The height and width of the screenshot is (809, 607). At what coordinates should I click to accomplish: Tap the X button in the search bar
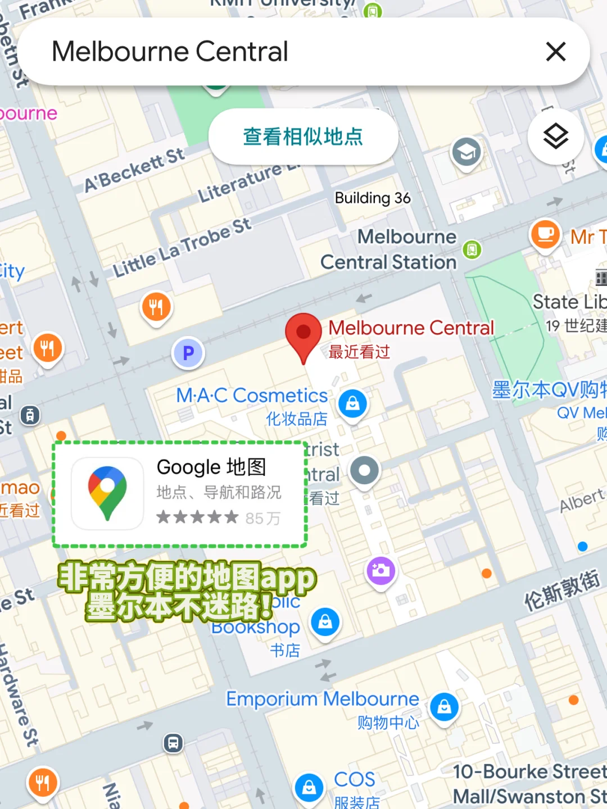(x=555, y=52)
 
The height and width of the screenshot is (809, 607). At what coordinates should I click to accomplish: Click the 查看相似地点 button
(x=303, y=137)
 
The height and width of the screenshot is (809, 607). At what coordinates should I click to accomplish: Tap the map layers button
(x=555, y=136)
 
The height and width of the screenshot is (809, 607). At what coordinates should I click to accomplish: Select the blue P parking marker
(x=188, y=353)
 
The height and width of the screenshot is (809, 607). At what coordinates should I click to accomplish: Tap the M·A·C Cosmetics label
(x=252, y=396)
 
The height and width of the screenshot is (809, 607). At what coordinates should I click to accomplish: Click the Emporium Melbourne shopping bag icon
(x=444, y=707)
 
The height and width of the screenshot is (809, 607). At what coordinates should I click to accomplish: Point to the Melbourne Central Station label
(x=389, y=249)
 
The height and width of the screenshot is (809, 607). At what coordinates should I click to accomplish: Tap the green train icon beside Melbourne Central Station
(x=472, y=249)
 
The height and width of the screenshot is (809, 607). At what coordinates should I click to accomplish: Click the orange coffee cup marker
(x=545, y=234)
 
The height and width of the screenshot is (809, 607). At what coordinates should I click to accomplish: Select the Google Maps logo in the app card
(x=107, y=493)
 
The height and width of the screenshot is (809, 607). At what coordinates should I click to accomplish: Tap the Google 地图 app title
(x=211, y=467)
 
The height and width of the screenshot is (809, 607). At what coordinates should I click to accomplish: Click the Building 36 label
(x=373, y=198)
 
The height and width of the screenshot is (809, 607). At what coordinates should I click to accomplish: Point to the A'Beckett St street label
(x=134, y=170)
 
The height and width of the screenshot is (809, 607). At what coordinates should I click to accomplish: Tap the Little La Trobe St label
(x=182, y=247)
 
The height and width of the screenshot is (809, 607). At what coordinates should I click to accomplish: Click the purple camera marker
(x=381, y=571)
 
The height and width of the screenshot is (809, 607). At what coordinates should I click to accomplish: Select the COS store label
(x=354, y=779)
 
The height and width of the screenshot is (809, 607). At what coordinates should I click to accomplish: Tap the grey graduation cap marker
(x=466, y=152)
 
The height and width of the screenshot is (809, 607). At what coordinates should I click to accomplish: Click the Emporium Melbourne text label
(x=323, y=699)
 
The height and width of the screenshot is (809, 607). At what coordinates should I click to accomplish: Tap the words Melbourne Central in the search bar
(x=170, y=52)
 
